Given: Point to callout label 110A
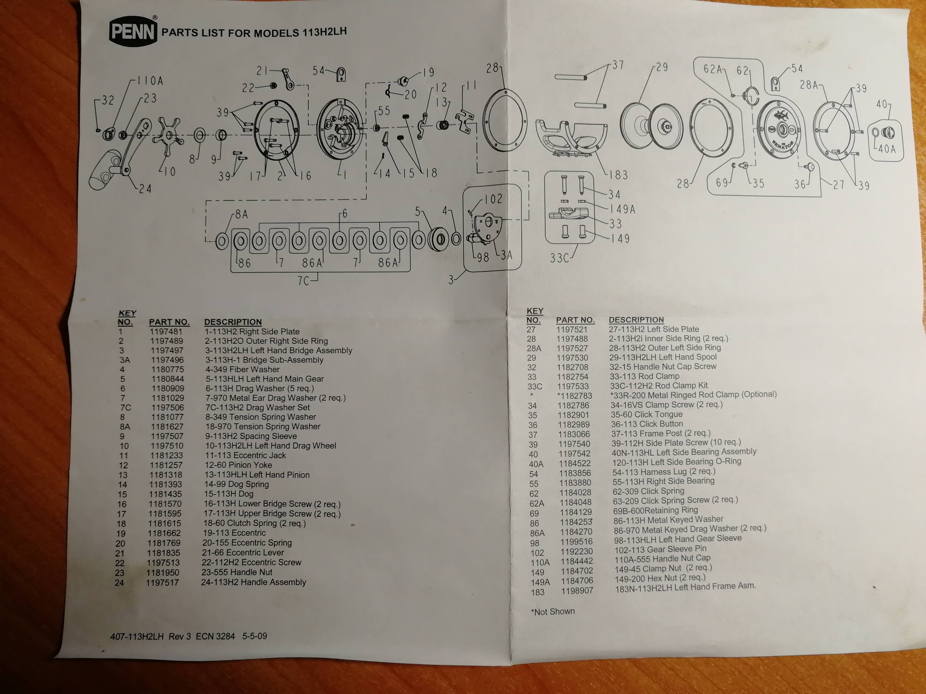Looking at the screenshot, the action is click(150, 81).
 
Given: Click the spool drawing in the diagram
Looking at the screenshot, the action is click(651, 125).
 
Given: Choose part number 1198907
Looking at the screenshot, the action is click(577, 591).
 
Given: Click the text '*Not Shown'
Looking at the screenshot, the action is click(553, 612).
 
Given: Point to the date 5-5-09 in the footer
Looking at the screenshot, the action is click(255, 636).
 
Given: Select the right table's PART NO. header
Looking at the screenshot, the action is click(575, 320).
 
